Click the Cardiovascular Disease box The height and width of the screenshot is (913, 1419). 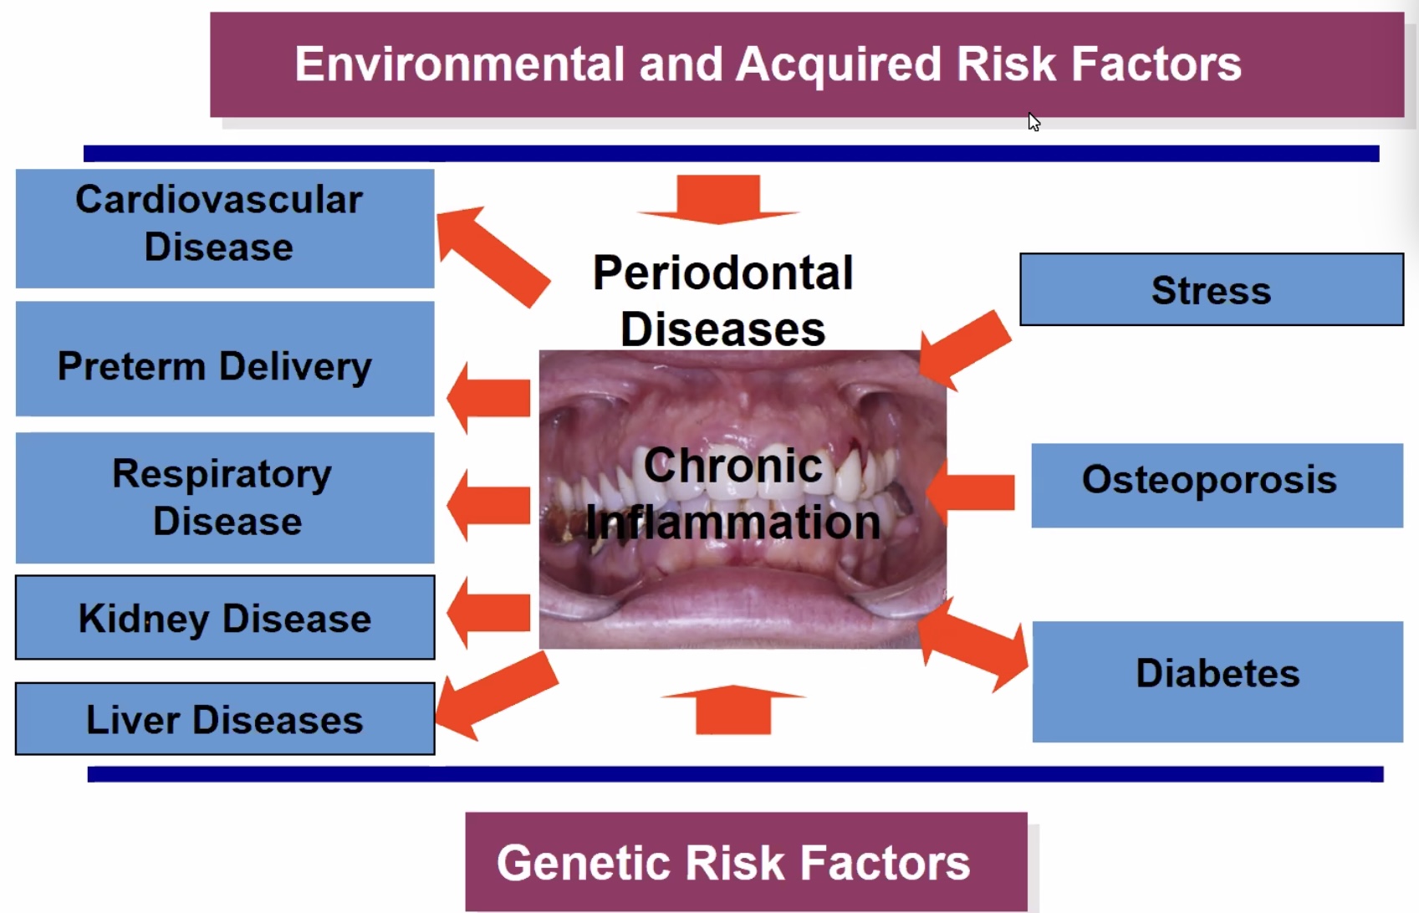(x=225, y=228)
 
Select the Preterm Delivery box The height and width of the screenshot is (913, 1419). (x=225, y=359)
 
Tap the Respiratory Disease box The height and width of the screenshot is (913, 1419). (x=225, y=498)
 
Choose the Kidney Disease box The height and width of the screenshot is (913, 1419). (x=225, y=618)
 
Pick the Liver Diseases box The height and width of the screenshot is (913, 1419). (x=225, y=718)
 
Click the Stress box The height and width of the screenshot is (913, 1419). (x=1212, y=289)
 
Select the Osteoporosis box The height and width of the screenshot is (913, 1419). (x=1217, y=485)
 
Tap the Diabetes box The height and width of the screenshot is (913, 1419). (x=1217, y=681)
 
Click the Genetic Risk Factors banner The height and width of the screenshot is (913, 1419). (x=746, y=862)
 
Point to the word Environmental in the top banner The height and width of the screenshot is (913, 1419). (x=459, y=64)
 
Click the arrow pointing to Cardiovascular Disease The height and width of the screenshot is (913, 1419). (x=493, y=256)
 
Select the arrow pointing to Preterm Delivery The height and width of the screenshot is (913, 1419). (x=488, y=398)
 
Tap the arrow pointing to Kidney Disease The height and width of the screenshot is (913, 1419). (x=488, y=613)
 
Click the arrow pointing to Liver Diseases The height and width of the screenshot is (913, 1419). (x=498, y=696)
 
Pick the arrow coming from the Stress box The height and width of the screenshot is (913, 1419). (x=965, y=349)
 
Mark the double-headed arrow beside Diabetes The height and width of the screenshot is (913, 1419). (x=973, y=645)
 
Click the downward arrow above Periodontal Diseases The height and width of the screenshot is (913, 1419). (x=718, y=200)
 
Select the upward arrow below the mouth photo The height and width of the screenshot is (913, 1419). (x=733, y=710)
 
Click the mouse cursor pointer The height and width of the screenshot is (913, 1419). (x=1034, y=121)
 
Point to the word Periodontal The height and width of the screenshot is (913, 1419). (x=722, y=273)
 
